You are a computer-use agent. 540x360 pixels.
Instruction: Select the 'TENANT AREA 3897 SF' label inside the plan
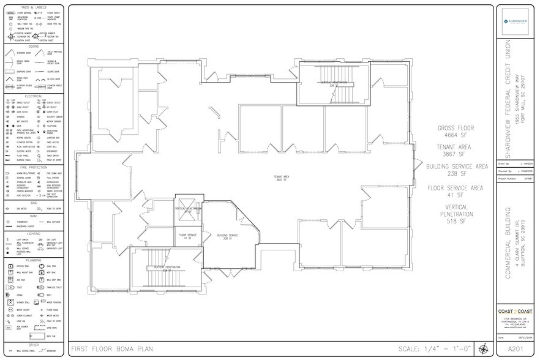tap(282, 179)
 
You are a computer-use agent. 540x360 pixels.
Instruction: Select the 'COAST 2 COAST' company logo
tap(517, 312)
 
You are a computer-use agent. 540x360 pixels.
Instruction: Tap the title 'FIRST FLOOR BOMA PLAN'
tap(112, 349)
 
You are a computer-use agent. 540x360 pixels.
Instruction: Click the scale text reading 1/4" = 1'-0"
tap(435, 349)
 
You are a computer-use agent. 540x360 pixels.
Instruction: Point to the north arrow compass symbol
tap(484, 349)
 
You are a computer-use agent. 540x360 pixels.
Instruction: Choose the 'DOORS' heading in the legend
tap(33, 46)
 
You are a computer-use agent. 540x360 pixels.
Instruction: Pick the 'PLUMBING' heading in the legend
tap(33, 260)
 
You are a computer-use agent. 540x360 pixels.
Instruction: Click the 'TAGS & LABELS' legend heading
tap(33, 7)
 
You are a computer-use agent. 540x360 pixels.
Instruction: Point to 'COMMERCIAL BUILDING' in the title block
tap(508, 242)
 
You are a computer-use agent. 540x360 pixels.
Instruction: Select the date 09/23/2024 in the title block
tap(523, 337)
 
